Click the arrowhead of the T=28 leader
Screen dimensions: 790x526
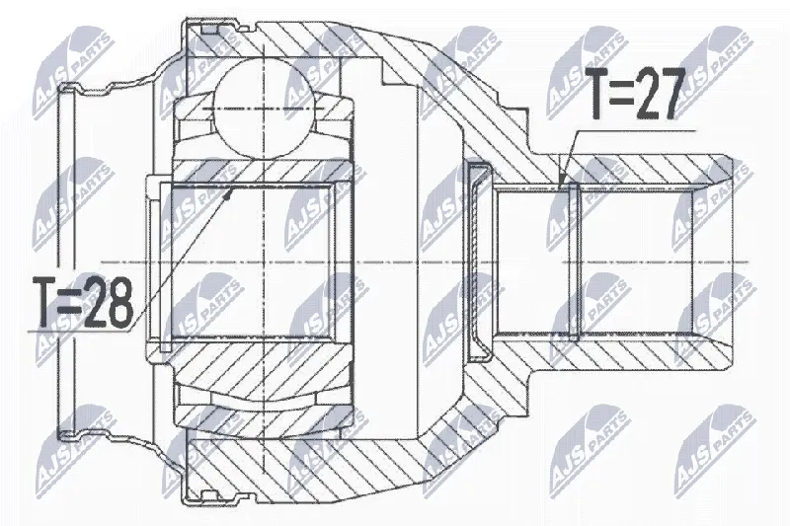click(x=229, y=193)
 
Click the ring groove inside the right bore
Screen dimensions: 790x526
click(x=574, y=262)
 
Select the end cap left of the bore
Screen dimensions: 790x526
click(x=478, y=262)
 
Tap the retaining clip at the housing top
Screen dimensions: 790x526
click(x=210, y=31)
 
